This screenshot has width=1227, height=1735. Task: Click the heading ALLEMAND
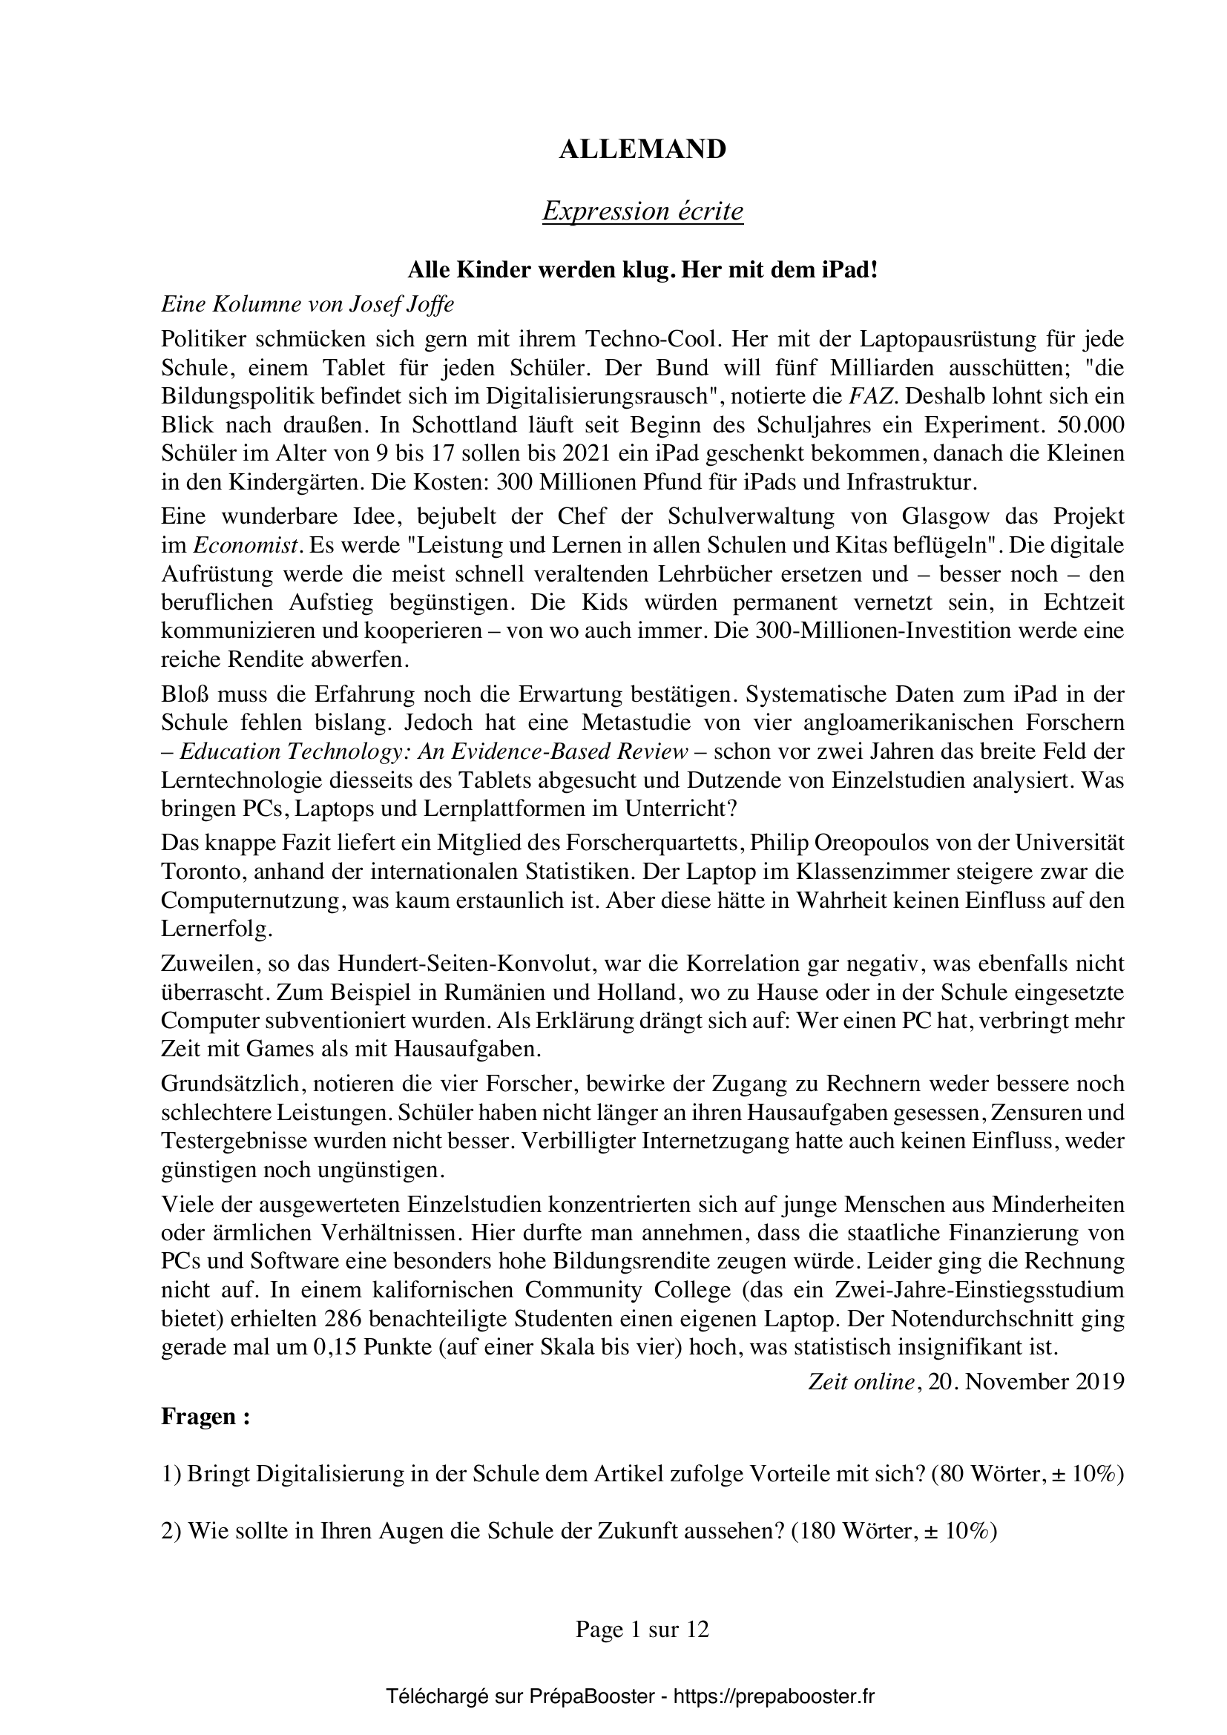[642, 150]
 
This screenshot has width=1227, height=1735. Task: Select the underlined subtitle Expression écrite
[642, 211]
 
